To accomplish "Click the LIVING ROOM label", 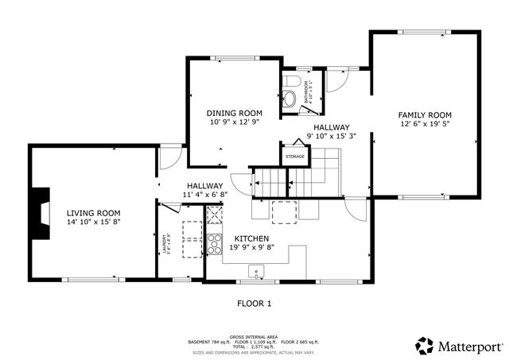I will tap(93, 213).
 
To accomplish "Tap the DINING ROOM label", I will tap(234, 113).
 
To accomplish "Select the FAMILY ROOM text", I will tap(425, 115).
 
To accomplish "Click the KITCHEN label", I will tap(251, 238).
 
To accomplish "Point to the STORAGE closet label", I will tap(295, 157).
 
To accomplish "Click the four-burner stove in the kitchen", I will tap(214, 243).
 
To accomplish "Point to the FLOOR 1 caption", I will tap(254, 303).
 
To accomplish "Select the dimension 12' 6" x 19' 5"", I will tap(425, 125).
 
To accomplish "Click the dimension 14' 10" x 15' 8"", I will tap(93, 223).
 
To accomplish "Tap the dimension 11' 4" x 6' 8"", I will tap(205, 195).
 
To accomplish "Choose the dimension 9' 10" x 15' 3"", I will tap(331, 136).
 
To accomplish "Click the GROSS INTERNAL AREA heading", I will tap(254, 336).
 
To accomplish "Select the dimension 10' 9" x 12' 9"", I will tap(234, 122).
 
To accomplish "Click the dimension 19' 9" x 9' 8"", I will tap(251, 248).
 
